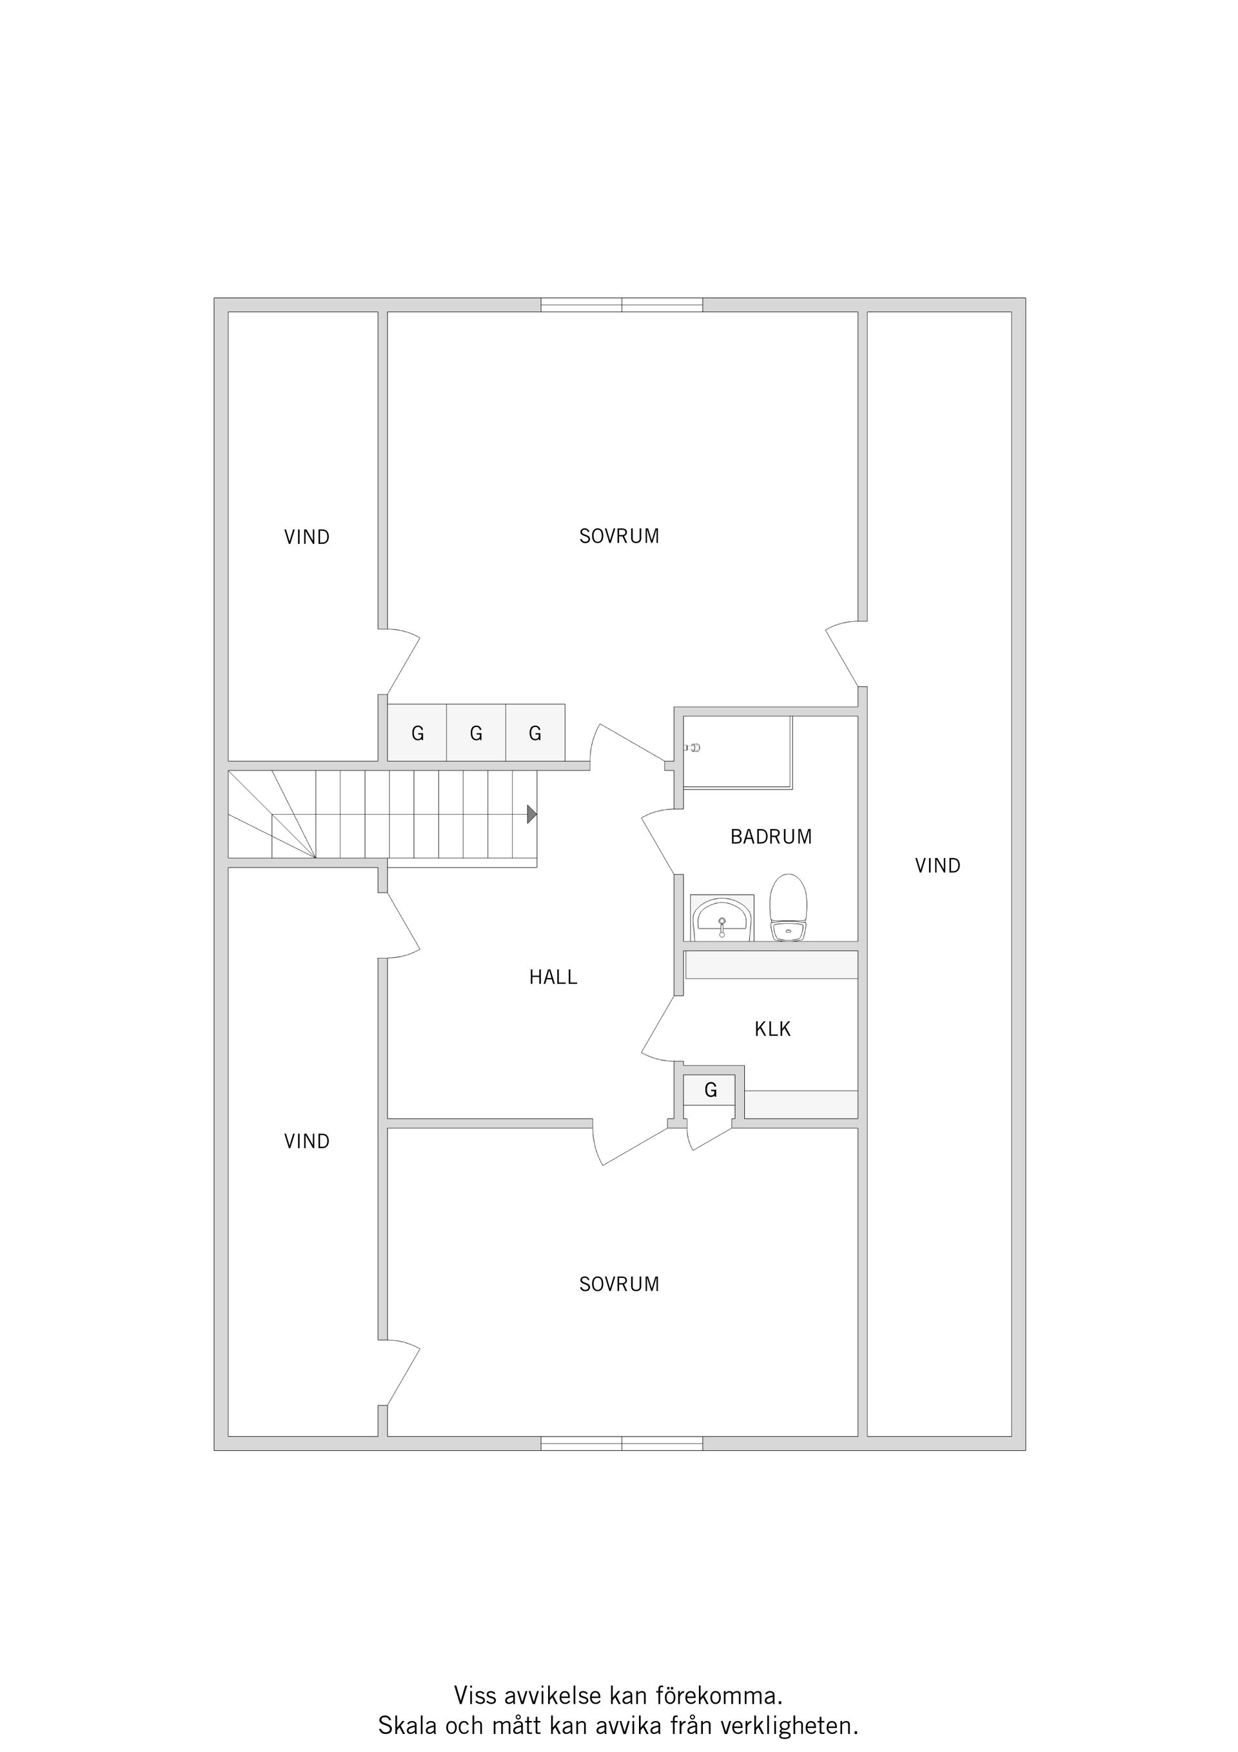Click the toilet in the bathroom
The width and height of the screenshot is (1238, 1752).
click(788, 907)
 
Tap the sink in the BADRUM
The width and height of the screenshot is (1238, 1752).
click(722, 918)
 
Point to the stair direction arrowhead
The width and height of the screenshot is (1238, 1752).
click(532, 814)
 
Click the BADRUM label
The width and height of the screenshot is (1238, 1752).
click(771, 837)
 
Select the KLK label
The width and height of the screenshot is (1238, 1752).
click(772, 1030)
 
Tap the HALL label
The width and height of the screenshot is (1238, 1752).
click(553, 977)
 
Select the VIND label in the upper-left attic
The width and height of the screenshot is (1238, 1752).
click(307, 537)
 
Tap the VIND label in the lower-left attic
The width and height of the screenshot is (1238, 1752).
click(307, 1142)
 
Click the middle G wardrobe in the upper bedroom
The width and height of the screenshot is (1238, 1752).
click(476, 733)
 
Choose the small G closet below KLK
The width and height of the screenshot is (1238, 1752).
click(709, 1090)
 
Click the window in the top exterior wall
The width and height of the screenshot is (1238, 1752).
click(622, 305)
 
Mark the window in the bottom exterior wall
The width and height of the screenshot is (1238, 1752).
click(622, 1443)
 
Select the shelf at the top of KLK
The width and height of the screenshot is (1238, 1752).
click(772, 964)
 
